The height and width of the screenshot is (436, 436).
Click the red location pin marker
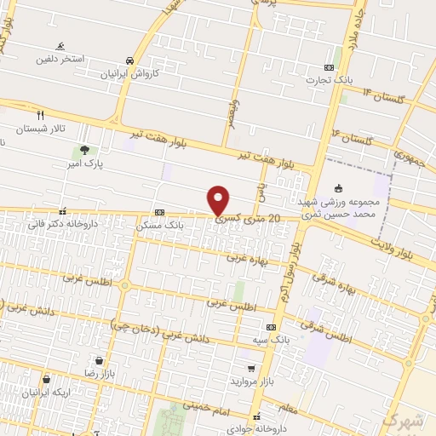click(218, 201)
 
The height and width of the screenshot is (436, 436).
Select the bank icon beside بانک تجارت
click(330, 67)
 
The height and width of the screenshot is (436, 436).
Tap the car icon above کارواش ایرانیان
click(129, 60)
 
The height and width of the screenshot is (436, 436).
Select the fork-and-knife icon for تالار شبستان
click(40, 114)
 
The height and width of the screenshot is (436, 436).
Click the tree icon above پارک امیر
click(83, 150)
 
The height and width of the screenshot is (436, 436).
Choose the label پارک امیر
click(89, 163)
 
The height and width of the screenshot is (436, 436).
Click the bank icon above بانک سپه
click(271, 327)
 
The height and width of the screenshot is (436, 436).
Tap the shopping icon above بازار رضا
click(100, 360)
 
